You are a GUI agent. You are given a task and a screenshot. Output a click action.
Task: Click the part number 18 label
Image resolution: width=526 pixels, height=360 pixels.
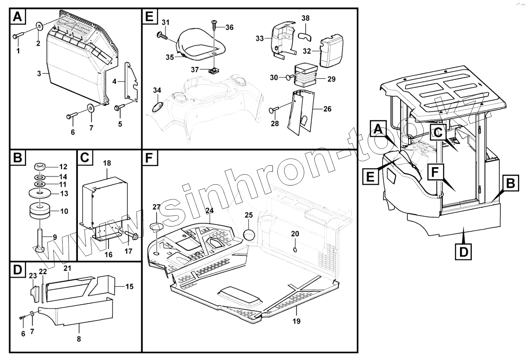click(107, 163)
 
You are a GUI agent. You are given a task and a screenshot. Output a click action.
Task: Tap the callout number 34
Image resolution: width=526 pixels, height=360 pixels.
click(157, 90)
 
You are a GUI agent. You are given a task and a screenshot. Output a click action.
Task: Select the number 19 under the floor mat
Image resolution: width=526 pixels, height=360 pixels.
click(297, 321)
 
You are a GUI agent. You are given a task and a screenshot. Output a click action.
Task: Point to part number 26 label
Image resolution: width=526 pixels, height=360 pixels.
click(327, 109)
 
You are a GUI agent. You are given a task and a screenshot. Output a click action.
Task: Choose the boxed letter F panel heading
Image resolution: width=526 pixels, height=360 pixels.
click(150, 158)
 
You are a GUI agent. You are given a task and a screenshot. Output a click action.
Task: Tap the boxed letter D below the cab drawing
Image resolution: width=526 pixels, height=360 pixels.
click(463, 252)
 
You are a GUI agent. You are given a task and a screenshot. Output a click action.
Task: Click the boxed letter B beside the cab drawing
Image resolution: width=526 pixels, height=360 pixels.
click(510, 184)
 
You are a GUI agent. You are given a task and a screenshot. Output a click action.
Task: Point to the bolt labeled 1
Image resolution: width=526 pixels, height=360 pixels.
click(18, 36)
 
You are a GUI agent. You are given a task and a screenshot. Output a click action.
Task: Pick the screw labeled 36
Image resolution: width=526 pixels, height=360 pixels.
click(214, 26)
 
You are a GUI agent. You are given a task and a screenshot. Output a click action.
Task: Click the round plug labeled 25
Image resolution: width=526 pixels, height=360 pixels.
click(249, 234)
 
